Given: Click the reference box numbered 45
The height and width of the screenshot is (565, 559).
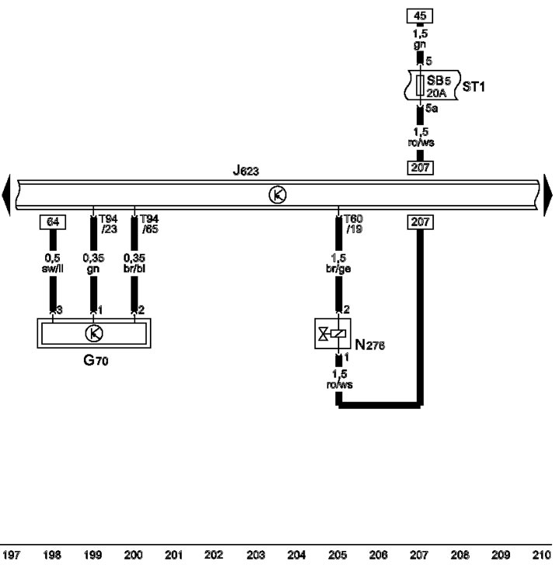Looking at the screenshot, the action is click(419, 16).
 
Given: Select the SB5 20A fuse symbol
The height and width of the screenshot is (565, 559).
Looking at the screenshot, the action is click(420, 85).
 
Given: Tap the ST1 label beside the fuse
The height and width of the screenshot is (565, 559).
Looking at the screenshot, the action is click(474, 86).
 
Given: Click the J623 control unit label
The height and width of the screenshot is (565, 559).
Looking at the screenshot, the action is click(246, 170).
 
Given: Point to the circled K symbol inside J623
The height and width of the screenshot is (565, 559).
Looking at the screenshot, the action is click(277, 195).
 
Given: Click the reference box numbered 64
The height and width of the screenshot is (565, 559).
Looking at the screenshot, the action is click(53, 222).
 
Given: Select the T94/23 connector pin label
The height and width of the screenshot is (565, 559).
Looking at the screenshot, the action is click(109, 224).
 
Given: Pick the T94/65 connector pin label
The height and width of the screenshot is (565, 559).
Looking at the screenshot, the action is click(149, 224).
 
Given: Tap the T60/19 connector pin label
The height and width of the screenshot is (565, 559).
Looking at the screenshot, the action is click(353, 224).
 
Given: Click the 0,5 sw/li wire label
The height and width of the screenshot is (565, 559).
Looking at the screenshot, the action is click(53, 263).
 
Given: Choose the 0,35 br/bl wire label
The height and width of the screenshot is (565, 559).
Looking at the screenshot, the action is click(134, 263).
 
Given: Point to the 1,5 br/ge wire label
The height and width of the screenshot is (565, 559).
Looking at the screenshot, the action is click(339, 263).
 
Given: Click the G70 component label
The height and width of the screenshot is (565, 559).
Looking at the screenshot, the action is click(95, 359).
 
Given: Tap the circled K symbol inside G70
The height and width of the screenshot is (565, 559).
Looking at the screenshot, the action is click(94, 333).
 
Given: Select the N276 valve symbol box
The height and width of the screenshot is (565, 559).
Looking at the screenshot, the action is click(332, 333).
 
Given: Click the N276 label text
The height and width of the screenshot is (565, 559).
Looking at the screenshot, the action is click(370, 345).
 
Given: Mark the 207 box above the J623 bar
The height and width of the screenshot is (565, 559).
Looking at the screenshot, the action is click(420, 168).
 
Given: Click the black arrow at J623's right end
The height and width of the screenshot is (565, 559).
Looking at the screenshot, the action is click(548, 195).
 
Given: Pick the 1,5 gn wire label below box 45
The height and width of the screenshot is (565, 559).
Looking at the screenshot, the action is click(420, 39).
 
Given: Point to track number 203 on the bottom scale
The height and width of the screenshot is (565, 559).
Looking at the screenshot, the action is click(255, 555).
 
